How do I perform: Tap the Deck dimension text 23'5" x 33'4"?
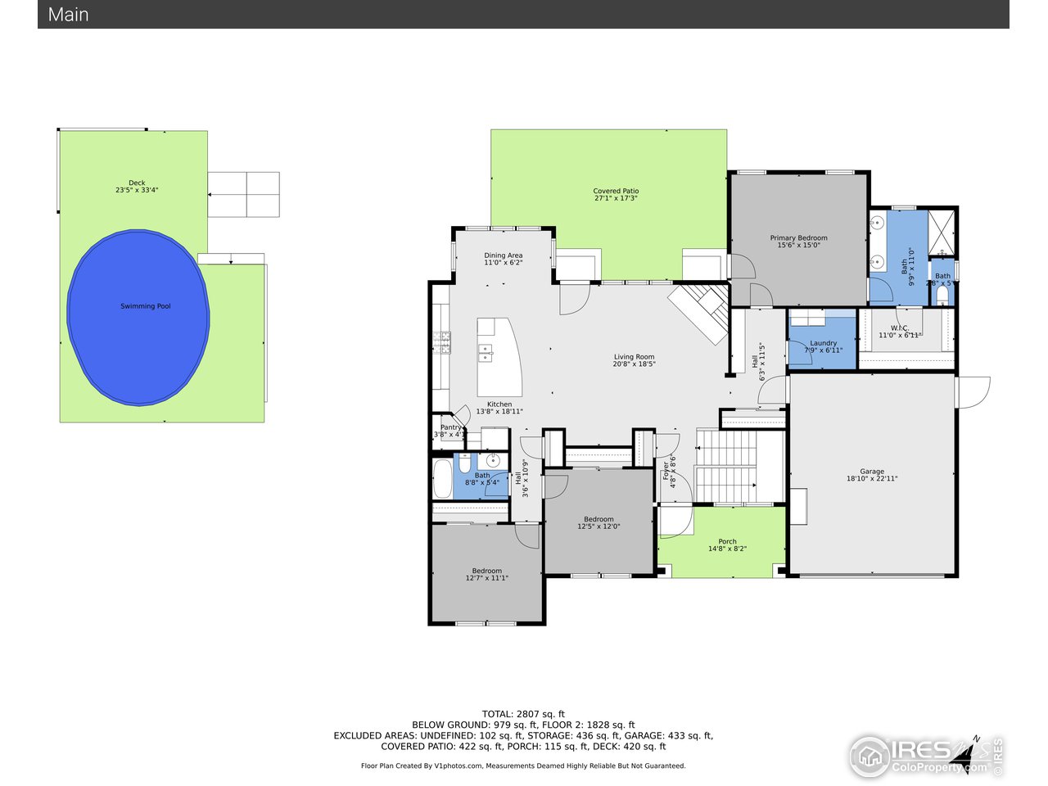137,190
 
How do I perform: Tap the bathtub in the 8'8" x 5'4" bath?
442,479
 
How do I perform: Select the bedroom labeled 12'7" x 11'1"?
487,575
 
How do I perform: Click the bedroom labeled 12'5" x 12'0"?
599,522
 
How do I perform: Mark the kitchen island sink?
486,353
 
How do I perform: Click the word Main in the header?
69,15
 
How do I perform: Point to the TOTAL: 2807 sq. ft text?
523,714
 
